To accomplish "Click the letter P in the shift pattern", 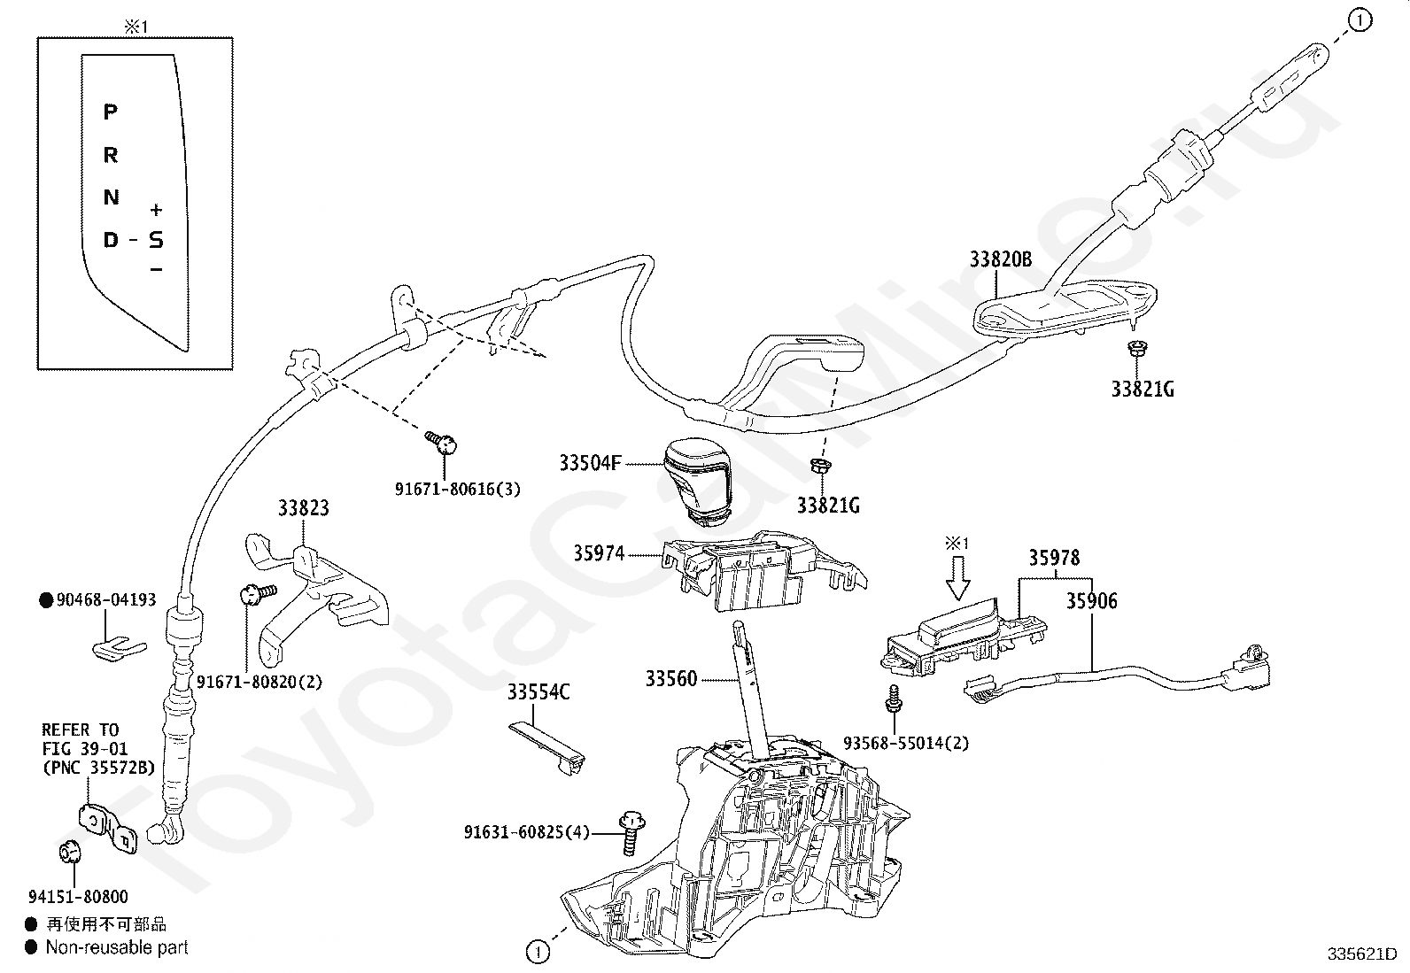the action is point(110,112).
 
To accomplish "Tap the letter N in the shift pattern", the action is point(111,197).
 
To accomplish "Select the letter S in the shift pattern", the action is point(156,239).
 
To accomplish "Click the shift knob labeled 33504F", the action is point(697,481).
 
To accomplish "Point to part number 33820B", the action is point(1000,259).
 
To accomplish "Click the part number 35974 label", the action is point(599,553).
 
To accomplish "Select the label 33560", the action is point(671,678).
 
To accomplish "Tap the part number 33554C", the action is point(538,691).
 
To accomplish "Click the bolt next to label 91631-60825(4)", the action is point(632,832).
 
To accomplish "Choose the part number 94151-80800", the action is point(78,896).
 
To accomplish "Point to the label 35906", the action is point(1091,601).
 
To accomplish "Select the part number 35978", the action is point(1054,558).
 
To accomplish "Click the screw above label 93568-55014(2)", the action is point(894,699).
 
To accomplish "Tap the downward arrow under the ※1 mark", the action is point(957,578).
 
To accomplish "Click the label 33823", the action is point(304,508).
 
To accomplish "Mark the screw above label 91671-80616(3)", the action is point(441,442).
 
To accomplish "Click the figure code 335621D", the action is point(1362,954).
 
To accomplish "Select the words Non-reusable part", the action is point(117,947).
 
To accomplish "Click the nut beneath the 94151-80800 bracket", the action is point(70,852).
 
